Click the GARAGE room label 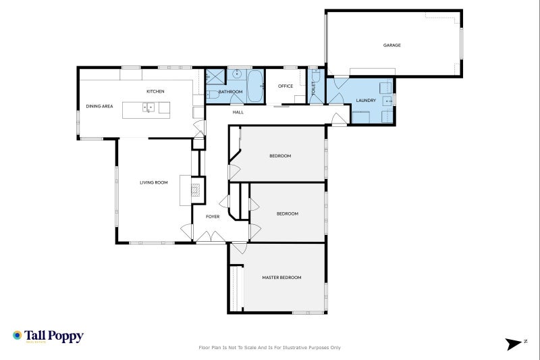coord(392,45)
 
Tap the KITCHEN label coord(155,91)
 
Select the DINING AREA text coord(99,106)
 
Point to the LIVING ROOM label coord(154,182)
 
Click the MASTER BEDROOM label coord(281,278)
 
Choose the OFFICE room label coord(286,86)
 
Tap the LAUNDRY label coord(366,100)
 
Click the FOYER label coord(213,216)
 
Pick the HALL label coord(238,112)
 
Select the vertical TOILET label coord(313,88)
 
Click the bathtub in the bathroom coord(255,86)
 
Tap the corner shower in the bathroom coord(215,76)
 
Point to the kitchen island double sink coord(148,107)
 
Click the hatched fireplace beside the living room coord(196,190)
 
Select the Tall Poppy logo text coord(54,336)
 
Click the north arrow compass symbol coord(514,344)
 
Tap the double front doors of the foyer coord(211,236)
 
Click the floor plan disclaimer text coord(269,348)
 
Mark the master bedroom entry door coord(238,248)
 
